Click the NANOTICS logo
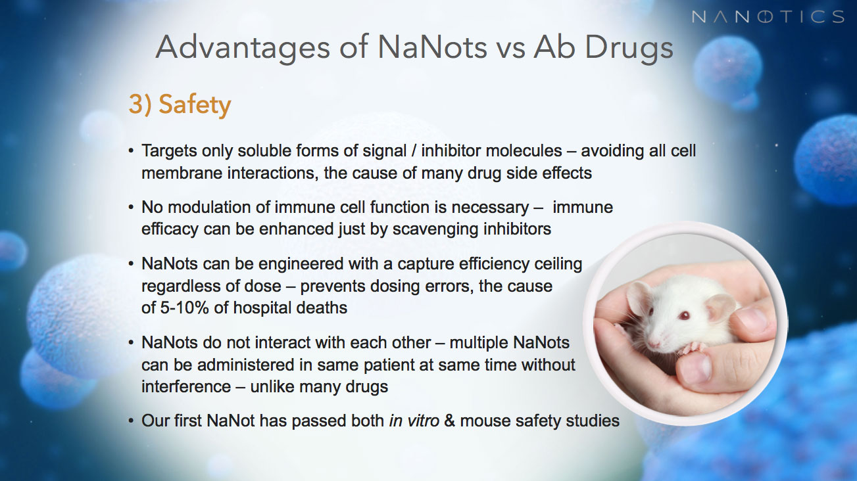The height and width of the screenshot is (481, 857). [768, 17]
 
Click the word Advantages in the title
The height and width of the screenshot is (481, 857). [243, 48]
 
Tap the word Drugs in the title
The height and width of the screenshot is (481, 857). [629, 48]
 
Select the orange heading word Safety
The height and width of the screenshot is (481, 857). [195, 104]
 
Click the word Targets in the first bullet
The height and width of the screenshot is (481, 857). [169, 151]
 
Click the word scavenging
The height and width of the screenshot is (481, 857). [435, 229]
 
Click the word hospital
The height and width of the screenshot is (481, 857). [261, 308]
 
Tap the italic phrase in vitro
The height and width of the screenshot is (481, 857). [414, 421]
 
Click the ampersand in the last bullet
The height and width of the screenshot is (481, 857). [449, 421]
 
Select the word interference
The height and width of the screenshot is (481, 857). [186, 386]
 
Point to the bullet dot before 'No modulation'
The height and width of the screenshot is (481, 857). [132, 208]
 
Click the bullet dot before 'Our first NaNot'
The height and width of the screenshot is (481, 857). [132, 421]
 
